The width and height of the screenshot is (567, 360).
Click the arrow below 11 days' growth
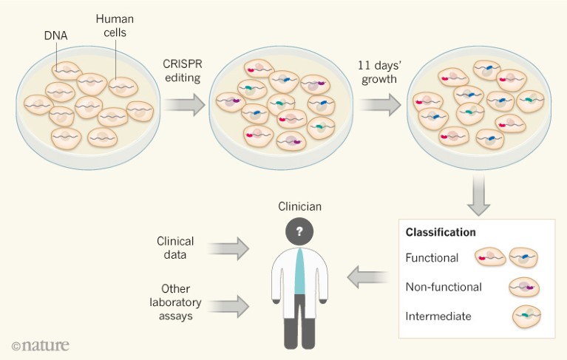(x=378, y=106)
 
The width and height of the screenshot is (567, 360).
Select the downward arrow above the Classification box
(x=478, y=199)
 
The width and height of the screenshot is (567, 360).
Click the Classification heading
(x=441, y=232)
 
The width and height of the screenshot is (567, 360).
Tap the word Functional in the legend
(x=432, y=258)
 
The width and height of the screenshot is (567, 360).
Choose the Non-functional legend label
(x=444, y=287)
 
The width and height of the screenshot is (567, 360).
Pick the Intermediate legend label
(x=438, y=316)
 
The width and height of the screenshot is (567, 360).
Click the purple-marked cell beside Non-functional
(x=523, y=287)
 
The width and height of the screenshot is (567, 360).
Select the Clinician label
(x=299, y=209)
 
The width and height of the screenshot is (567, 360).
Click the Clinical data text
(x=175, y=248)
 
